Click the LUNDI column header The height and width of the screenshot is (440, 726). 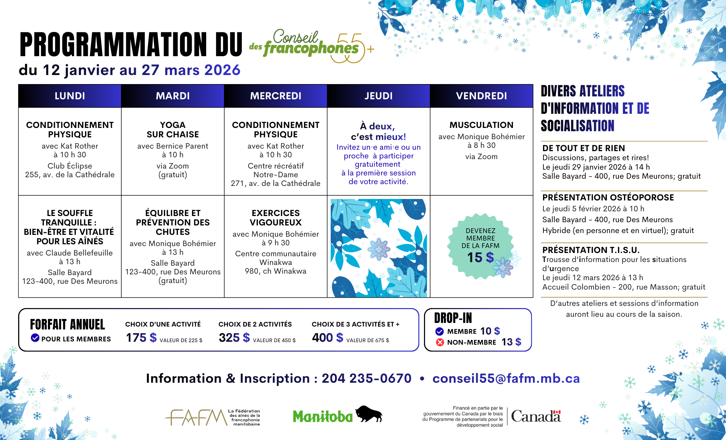[70, 96]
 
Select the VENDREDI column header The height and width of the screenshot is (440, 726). [481, 96]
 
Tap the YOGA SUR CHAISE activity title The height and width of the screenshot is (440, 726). [173, 130]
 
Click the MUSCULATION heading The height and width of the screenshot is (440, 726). [481, 125]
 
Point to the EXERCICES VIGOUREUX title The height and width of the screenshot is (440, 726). [276, 218]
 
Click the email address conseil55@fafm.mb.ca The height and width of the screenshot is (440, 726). [506, 378]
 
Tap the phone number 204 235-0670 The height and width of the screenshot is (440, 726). [367, 378]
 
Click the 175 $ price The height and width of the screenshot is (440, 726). [141, 338]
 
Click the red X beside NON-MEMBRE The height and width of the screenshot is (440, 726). [440, 342]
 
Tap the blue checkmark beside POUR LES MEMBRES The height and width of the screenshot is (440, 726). [35, 338]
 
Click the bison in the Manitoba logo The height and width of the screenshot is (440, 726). [368, 414]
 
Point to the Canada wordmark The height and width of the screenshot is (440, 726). [536, 416]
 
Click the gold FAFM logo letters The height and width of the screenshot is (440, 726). [196, 417]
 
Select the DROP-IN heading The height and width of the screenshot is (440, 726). [453, 318]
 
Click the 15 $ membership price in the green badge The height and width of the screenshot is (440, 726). [480, 258]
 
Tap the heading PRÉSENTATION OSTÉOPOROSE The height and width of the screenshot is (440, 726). [608, 198]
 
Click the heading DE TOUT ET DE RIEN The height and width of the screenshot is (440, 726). [583, 148]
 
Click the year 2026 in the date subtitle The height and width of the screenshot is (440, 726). [222, 70]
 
